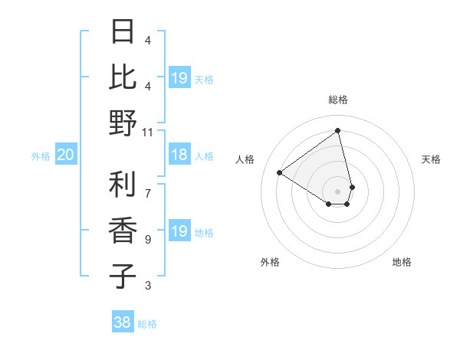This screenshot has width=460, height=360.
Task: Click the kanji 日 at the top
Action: tap(123, 33)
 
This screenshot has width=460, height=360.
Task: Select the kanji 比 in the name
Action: tap(123, 77)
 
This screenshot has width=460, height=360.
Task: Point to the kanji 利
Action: tap(123, 185)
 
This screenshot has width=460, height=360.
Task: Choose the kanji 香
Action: tap(123, 231)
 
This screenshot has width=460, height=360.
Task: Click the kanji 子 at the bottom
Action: tap(123, 276)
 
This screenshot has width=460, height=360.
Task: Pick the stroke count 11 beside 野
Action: tap(148, 132)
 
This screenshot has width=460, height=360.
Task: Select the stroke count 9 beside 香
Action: tap(148, 240)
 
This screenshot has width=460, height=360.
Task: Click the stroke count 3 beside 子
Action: tap(148, 286)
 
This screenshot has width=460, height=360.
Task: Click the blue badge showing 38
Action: tap(123, 323)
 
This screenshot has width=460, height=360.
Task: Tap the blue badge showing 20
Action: tap(65, 155)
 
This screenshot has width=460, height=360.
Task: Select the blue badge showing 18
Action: tap(179, 155)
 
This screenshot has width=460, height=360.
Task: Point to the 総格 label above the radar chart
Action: tap(338, 100)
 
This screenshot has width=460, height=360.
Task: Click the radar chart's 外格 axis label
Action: tap(270, 262)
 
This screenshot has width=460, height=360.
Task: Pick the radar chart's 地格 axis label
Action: tap(402, 262)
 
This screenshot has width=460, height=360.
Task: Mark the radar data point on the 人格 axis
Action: tap(280, 172)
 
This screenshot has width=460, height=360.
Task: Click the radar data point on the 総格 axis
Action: tap(338, 130)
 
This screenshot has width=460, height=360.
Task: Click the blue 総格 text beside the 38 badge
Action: tap(147, 324)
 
